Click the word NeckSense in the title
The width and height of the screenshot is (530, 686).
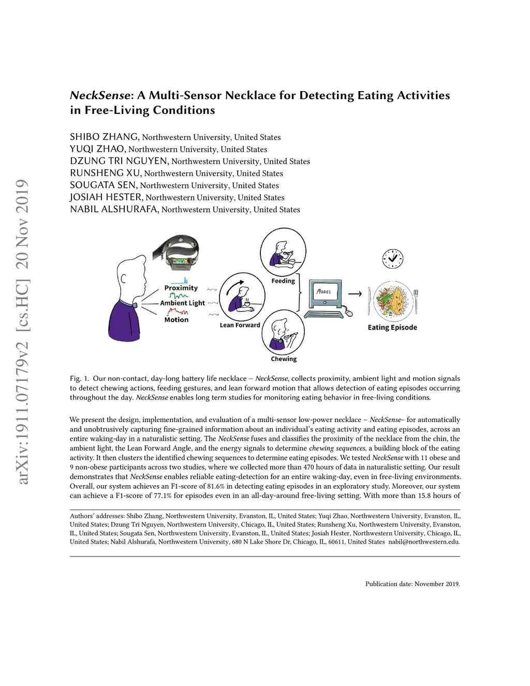[99, 95]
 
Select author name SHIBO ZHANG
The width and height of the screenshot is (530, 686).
[104, 137]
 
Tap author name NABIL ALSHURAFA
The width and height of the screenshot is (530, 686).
[114, 209]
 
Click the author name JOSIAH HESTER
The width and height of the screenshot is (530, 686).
[106, 197]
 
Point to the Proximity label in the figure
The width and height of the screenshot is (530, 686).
[181, 288]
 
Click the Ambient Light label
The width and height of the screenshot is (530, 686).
[182, 303]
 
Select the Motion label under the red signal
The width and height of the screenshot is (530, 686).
[176, 320]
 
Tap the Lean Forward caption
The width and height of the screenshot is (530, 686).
[240, 325]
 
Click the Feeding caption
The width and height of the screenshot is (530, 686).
[283, 281]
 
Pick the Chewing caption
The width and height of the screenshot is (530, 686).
[284, 359]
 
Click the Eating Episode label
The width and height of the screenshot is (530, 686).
[392, 327]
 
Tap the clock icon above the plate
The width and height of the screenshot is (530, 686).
[392, 258]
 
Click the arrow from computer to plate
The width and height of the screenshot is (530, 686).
[355, 294]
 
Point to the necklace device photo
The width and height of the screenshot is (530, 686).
[176, 252]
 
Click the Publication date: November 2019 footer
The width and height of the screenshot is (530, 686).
[413, 584]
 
